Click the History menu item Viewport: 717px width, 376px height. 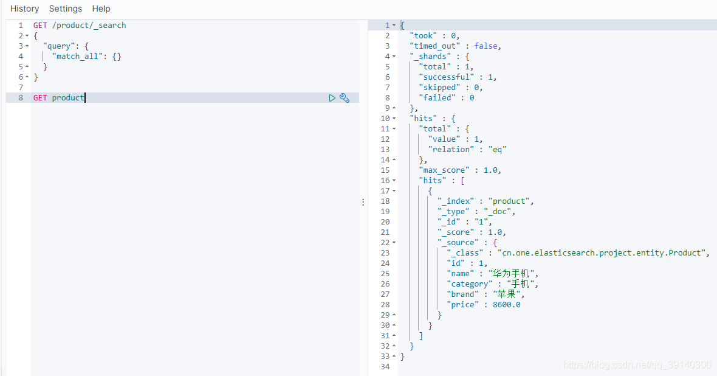click(x=25, y=9)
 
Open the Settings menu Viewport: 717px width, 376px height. click(x=66, y=9)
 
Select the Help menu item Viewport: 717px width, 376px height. click(x=101, y=9)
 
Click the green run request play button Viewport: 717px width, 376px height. click(x=332, y=98)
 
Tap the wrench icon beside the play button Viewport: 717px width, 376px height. click(x=345, y=98)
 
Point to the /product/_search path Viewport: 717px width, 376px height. click(x=89, y=26)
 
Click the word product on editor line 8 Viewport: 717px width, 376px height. click(x=68, y=97)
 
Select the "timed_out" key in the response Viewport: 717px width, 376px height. click(x=435, y=46)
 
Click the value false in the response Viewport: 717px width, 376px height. click(x=485, y=46)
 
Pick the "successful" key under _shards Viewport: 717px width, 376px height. click(x=446, y=77)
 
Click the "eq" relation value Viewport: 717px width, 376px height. click(x=497, y=149)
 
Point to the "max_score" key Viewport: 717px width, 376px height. click(x=444, y=170)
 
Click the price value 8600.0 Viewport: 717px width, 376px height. click(x=507, y=305)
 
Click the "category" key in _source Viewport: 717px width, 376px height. click(x=469, y=284)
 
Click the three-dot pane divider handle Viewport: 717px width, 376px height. click(x=363, y=202)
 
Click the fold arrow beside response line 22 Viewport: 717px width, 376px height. click(x=394, y=243)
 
